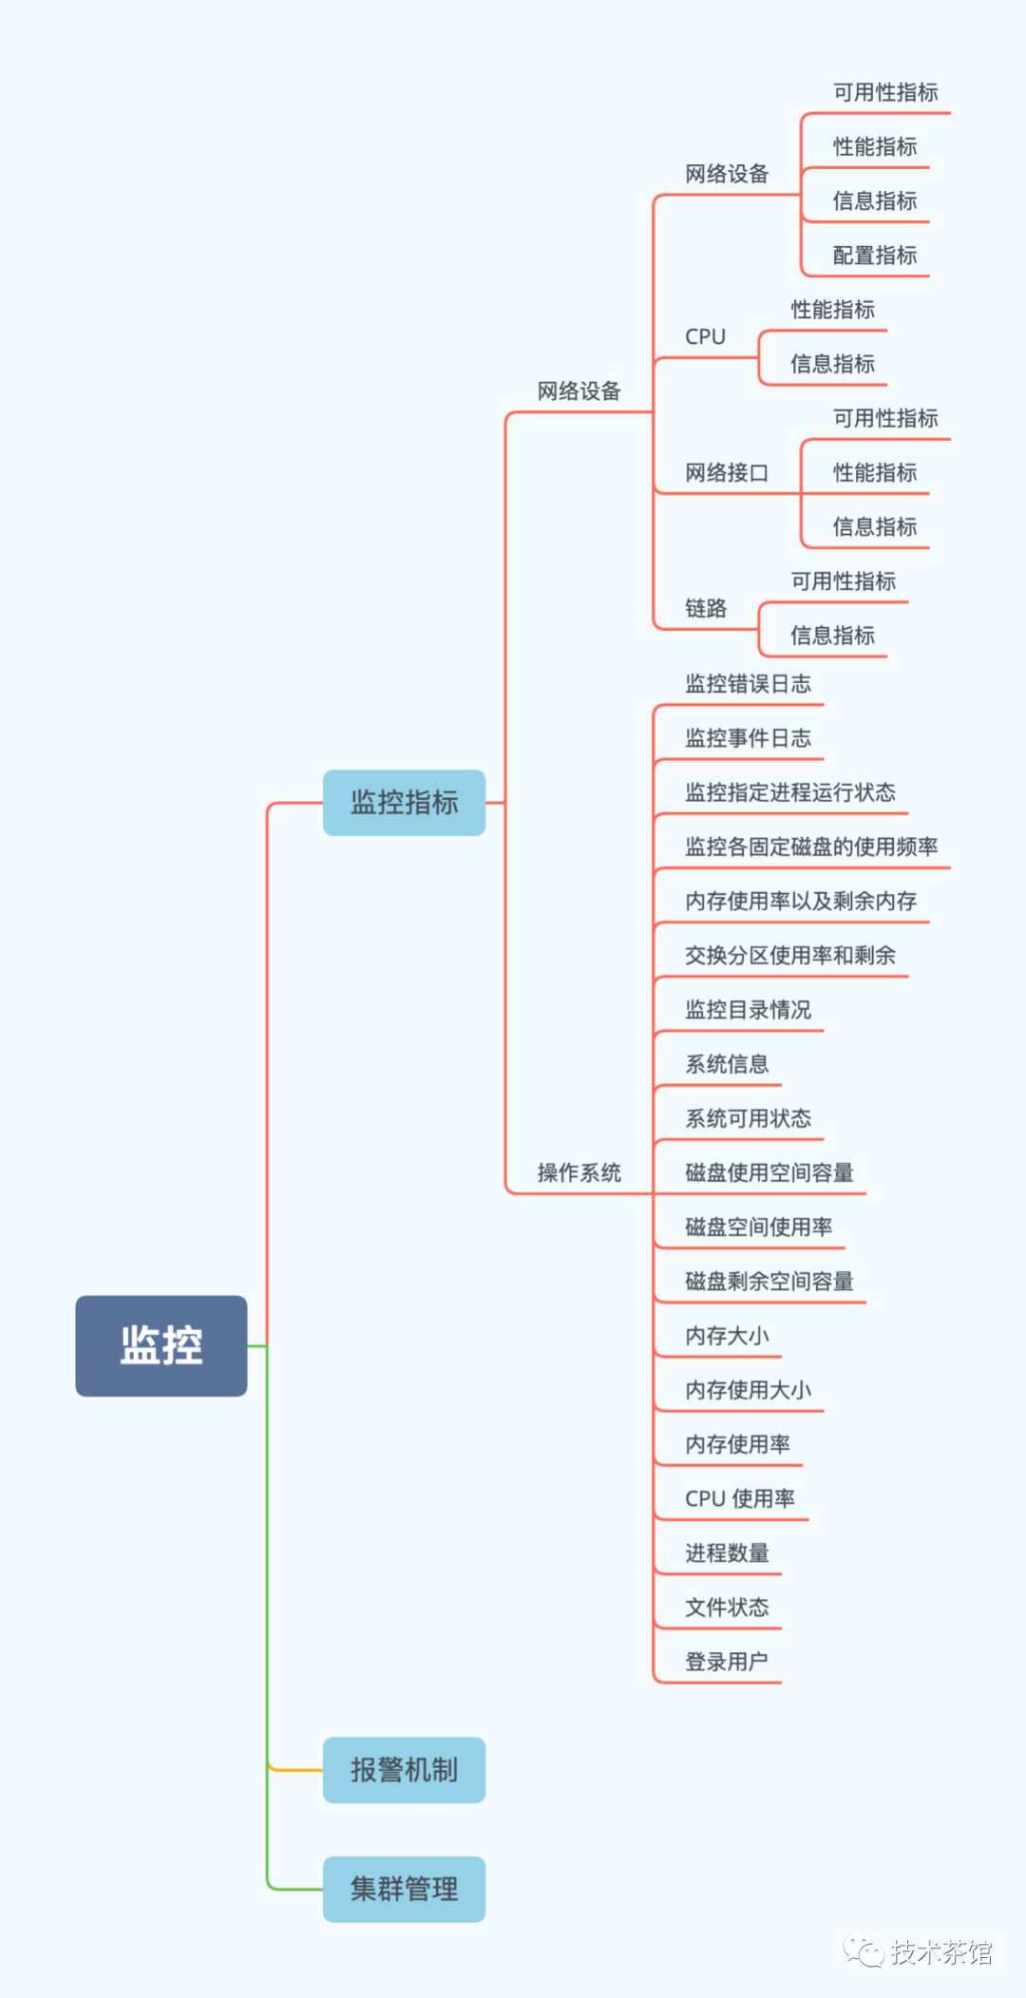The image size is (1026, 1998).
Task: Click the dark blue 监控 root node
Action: coord(161,1345)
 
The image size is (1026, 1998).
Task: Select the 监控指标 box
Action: coord(405,803)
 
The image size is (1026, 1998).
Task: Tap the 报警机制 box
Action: coord(405,1770)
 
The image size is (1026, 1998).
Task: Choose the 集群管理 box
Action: coord(405,1889)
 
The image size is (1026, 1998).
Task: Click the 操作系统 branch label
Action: coord(579,1172)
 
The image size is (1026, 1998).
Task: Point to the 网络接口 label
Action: coord(727,472)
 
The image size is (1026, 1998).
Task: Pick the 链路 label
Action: coord(706,608)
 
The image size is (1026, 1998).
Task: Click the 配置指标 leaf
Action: coord(875,255)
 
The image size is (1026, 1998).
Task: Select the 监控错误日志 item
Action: coord(749,683)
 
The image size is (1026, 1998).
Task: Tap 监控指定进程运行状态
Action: coord(790,791)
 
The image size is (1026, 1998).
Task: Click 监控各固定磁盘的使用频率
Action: coord(811,846)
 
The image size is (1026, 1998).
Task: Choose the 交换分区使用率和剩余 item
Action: coord(790,955)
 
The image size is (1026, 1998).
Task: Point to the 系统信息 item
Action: coord(727,1063)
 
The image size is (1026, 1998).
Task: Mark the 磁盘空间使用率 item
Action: coord(759,1227)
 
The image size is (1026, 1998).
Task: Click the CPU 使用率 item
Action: coord(740,1498)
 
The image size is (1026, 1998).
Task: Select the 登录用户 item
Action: coord(727,1661)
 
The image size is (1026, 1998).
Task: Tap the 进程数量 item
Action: coord(727,1552)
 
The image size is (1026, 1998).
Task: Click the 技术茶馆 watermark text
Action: coord(941,1951)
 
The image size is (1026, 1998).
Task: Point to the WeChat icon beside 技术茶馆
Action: coord(864,1951)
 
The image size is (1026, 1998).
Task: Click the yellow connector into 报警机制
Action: coord(295,1769)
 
